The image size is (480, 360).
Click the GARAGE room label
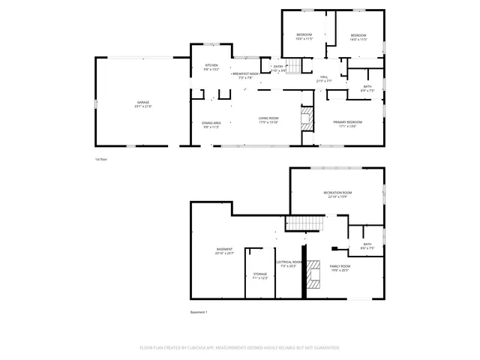tap(142, 102)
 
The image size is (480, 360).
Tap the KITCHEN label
tap(211, 66)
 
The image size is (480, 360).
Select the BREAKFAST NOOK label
tap(245, 74)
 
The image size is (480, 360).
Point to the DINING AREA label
tap(211, 122)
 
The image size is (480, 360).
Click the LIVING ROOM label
tap(268, 118)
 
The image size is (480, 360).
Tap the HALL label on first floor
tap(325, 76)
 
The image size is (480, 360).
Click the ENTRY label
tap(278, 67)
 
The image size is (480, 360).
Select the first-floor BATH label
tap(367, 86)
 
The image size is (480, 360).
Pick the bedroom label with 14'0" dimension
tap(358, 35)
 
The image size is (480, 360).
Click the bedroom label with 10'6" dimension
tap(304, 35)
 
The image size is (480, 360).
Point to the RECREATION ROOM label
tap(338, 193)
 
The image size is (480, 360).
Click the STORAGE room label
tap(259, 274)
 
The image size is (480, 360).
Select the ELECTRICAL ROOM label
tap(289, 262)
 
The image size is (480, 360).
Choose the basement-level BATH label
tap(367, 244)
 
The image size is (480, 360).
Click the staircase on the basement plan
tap(305, 223)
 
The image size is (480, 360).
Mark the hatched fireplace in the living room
tap(306, 118)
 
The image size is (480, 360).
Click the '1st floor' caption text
tap(101, 160)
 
